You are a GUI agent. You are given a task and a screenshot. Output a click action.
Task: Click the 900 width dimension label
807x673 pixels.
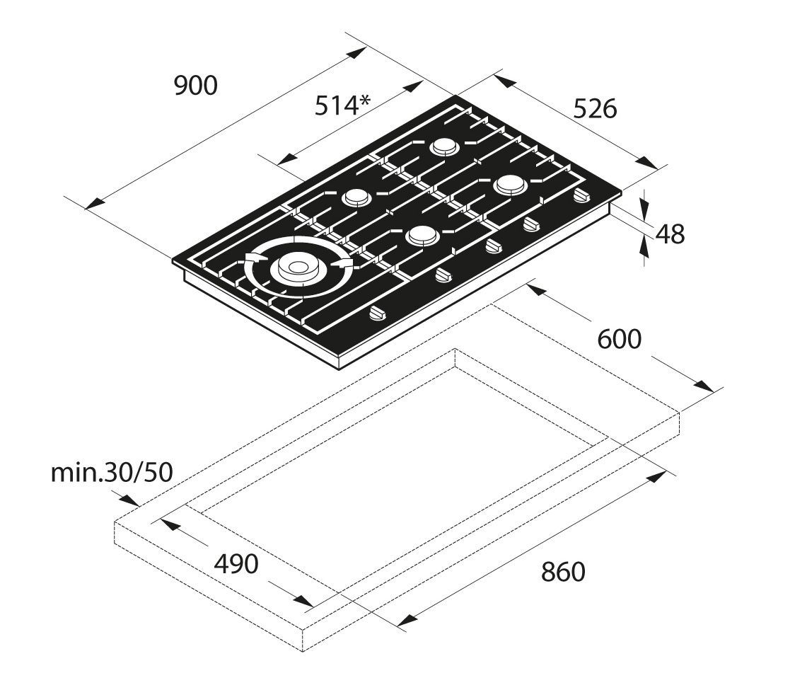pyautogui.click(x=196, y=86)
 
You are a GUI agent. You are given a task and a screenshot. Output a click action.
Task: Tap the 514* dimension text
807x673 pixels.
pyautogui.click(x=342, y=106)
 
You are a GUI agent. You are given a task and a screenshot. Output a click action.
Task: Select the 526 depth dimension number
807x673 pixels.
pyautogui.click(x=595, y=109)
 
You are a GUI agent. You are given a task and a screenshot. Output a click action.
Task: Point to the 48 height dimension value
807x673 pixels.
pyautogui.click(x=670, y=234)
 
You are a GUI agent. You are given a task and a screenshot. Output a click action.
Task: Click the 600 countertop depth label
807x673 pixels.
pyautogui.click(x=620, y=339)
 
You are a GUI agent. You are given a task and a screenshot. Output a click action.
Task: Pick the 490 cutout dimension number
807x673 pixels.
pyautogui.click(x=236, y=564)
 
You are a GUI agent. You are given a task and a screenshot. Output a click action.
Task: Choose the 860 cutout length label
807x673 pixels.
pyautogui.click(x=564, y=572)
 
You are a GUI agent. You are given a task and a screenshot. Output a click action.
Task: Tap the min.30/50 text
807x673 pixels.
pyautogui.click(x=111, y=472)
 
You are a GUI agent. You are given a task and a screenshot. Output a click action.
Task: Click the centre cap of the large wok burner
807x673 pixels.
pyautogui.click(x=296, y=267)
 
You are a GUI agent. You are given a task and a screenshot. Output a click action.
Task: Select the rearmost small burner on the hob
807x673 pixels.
pyautogui.click(x=443, y=146)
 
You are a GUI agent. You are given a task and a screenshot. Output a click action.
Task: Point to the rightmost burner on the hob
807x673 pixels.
pyautogui.click(x=509, y=185)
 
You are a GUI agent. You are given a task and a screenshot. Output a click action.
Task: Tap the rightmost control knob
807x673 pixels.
pyautogui.click(x=581, y=196)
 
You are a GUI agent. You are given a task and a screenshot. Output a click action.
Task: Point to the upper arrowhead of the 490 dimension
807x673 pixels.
pyautogui.click(x=165, y=523)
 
